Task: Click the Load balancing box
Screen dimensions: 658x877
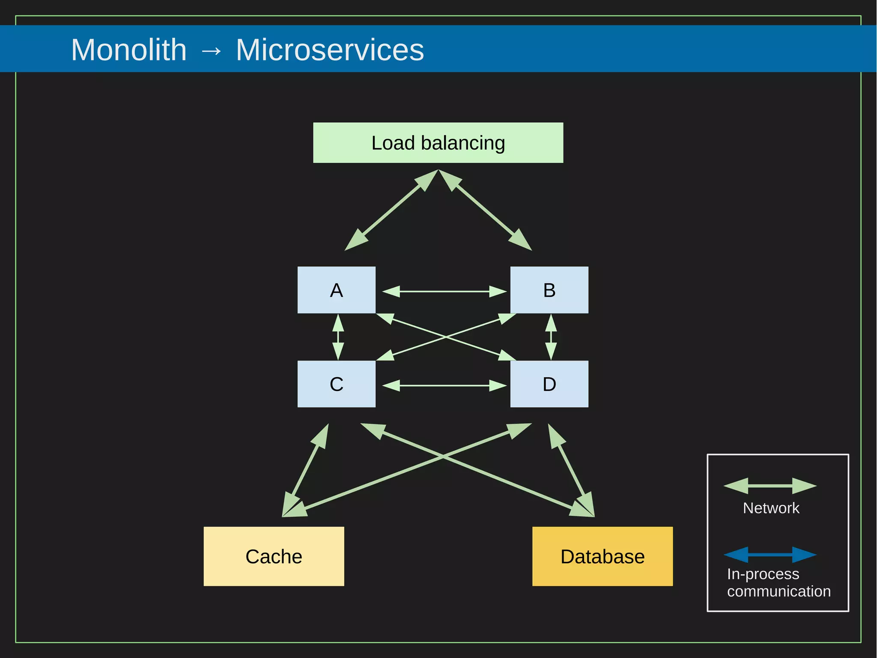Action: (x=438, y=143)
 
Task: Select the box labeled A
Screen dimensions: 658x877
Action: (x=336, y=290)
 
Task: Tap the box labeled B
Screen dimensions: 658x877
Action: (x=549, y=290)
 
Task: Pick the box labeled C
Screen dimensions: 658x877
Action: (x=336, y=384)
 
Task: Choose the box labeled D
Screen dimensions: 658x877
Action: (x=549, y=384)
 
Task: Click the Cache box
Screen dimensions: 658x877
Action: (x=274, y=556)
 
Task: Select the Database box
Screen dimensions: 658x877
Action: (x=602, y=556)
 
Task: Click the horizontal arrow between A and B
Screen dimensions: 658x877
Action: (x=444, y=291)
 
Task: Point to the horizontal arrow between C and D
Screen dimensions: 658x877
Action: (x=444, y=386)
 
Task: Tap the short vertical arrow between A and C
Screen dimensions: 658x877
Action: (x=338, y=337)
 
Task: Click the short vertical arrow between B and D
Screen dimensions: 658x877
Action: (x=551, y=337)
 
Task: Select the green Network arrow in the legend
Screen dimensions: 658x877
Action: (x=770, y=486)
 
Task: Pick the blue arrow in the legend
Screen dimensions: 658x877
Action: (x=770, y=555)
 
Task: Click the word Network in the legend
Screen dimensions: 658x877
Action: (x=771, y=508)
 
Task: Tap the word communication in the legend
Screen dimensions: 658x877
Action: (x=779, y=592)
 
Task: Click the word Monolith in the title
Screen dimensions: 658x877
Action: (x=129, y=50)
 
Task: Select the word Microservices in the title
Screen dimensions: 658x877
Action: (x=330, y=50)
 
